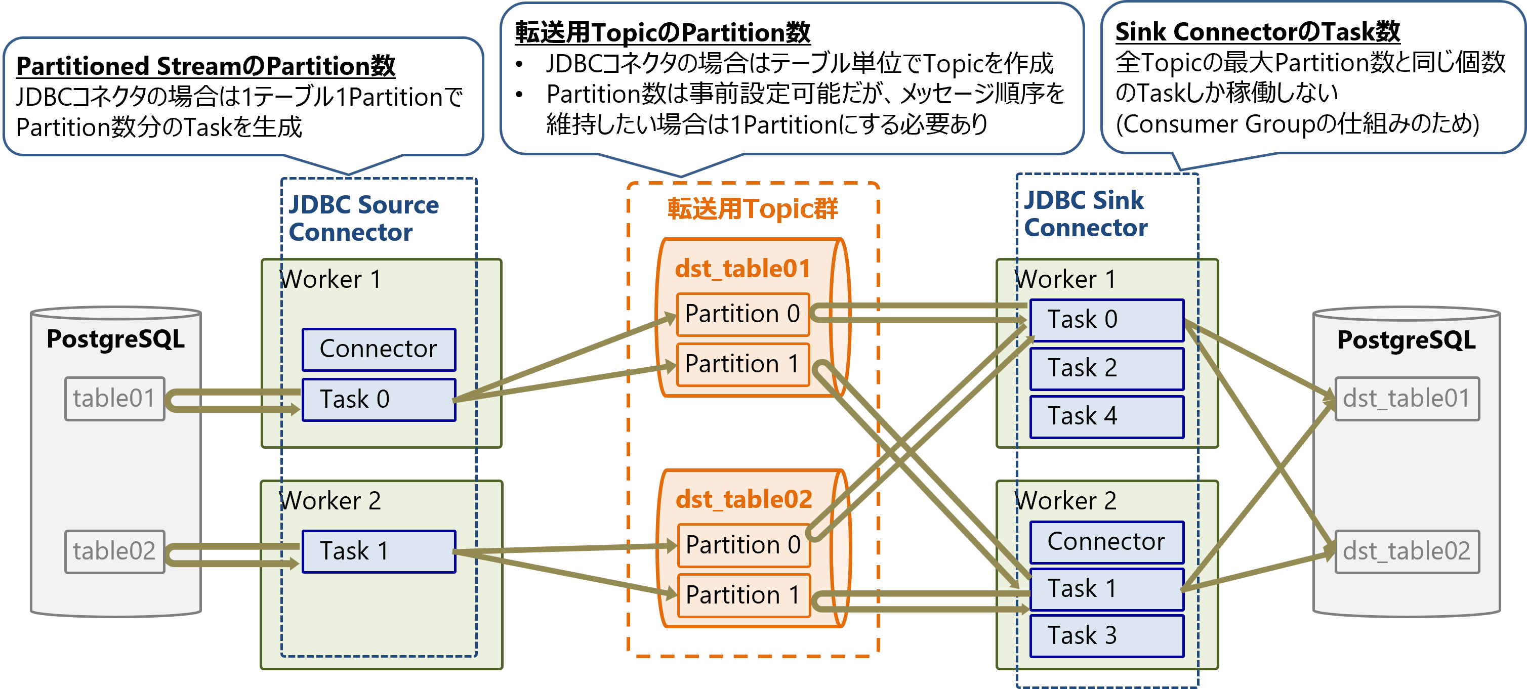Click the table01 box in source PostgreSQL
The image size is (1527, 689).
pos(114,399)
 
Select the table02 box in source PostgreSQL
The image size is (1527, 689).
pos(114,551)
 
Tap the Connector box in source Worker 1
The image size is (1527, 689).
pos(379,350)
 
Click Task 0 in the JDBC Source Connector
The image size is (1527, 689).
pos(379,400)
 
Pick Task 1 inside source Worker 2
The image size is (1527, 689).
pos(379,551)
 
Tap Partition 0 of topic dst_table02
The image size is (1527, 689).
pos(743,545)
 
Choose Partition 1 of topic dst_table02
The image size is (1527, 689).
pos(743,595)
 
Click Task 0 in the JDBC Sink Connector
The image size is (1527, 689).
pos(1106,320)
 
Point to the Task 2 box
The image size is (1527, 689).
pos(1106,368)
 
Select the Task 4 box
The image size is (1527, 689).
pos(1106,416)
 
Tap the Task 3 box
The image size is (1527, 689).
pos(1106,636)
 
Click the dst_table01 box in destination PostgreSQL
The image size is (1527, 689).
pos(1406,399)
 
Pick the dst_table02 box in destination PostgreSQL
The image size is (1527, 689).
pos(1406,551)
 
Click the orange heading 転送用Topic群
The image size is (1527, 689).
pos(752,209)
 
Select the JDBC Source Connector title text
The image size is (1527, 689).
pos(363,219)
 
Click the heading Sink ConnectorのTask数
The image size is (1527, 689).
pos(1257,32)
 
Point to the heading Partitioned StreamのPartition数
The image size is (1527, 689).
pos(205,66)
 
